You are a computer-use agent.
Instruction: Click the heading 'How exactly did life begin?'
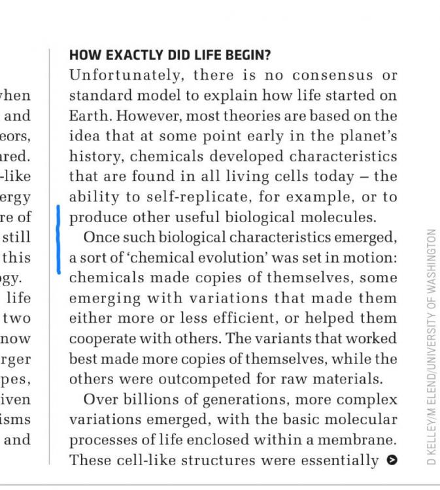pyautogui.click(x=169, y=56)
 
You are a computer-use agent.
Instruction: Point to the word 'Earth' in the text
pyautogui.click(x=89, y=116)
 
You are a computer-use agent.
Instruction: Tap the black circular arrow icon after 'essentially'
pyautogui.click(x=392, y=460)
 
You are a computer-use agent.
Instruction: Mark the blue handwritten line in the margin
pyautogui.click(x=59, y=238)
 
